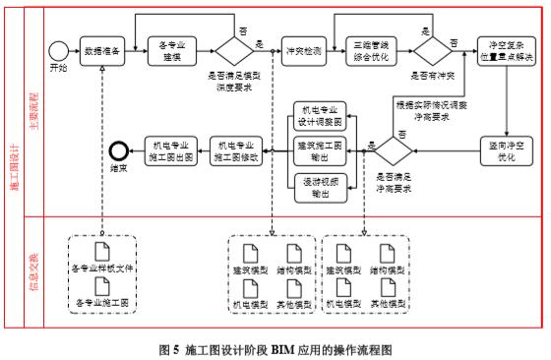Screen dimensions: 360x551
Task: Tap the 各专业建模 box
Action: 175,48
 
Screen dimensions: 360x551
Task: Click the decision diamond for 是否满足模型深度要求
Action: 234,48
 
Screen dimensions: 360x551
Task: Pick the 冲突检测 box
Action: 302,48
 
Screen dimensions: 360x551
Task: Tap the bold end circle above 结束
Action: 120,150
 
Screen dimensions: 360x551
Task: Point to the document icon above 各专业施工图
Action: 100,286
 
